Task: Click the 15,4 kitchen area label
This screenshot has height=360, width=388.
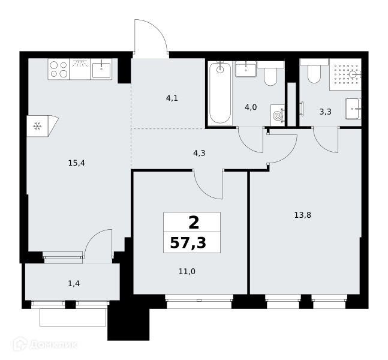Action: point(77,163)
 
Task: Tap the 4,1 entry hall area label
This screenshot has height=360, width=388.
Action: point(172,98)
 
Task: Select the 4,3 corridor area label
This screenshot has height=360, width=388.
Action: point(199,153)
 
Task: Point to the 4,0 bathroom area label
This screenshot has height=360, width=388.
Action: point(251,107)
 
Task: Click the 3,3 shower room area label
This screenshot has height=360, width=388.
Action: point(326,112)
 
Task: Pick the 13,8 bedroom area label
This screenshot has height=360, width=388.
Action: point(303,215)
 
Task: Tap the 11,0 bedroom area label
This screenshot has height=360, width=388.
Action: point(187,272)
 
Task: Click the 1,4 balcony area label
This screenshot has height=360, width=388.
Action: point(74,283)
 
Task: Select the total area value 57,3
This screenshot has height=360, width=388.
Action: point(188,243)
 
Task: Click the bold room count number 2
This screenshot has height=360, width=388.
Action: point(194,223)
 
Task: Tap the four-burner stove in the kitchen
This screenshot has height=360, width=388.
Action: point(59,69)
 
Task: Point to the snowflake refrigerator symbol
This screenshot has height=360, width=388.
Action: point(37,126)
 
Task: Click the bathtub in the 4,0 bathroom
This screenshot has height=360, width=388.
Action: point(220,93)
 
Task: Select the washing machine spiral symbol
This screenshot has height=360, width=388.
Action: point(278,115)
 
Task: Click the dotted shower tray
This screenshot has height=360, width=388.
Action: point(345,74)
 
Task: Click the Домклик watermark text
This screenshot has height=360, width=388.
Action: point(53,344)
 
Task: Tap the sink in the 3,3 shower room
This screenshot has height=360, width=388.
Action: point(353,109)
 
